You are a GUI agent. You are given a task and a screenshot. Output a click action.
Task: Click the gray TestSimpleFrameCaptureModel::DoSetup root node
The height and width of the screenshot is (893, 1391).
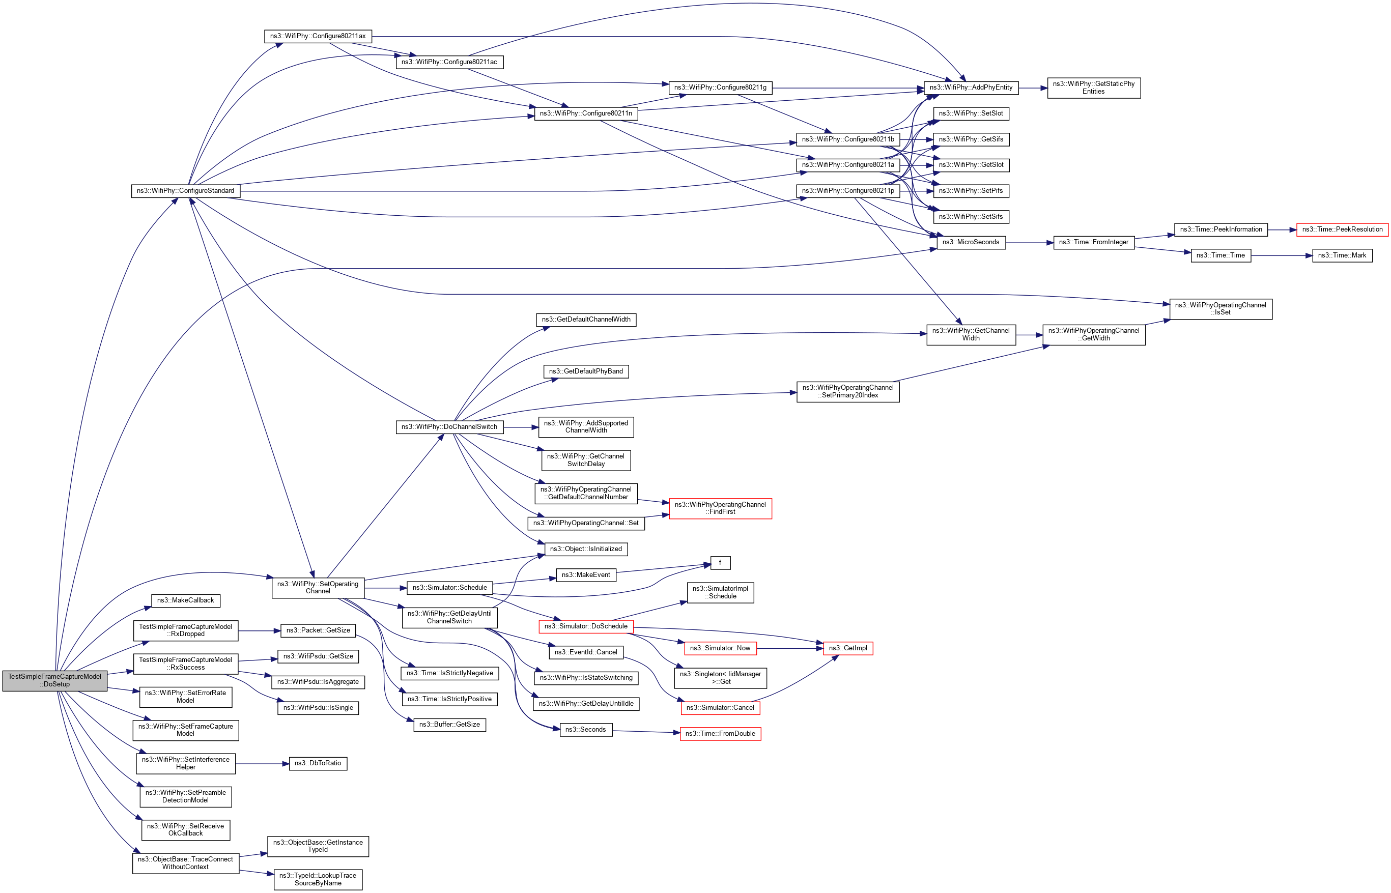point(54,681)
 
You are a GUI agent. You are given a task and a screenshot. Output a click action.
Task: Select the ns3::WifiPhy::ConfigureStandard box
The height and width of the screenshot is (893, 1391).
point(186,191)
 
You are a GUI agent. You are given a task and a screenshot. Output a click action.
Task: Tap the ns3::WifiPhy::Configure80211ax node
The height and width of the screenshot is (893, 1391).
point(318,36)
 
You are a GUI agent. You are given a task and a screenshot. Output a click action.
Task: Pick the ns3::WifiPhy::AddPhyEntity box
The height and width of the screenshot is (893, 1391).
point(971,88)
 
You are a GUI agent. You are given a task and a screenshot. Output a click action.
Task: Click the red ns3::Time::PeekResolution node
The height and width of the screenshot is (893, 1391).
point(1342,229)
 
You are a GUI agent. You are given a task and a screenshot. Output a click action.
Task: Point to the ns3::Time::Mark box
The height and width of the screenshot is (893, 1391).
point(1342,256)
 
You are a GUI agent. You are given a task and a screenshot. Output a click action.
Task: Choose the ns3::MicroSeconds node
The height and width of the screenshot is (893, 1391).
point(971,242)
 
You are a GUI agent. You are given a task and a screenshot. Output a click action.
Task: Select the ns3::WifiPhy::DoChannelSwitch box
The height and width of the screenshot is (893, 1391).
point(449,427)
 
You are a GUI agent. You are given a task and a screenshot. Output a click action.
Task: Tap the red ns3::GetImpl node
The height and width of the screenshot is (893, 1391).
point(847,648)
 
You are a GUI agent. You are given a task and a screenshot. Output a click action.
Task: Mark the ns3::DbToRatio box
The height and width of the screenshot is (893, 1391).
point(318,764)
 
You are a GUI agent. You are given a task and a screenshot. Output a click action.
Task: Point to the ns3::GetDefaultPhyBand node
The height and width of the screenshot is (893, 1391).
point(586,371)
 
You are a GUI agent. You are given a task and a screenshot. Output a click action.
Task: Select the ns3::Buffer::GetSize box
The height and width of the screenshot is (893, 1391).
point(449,725)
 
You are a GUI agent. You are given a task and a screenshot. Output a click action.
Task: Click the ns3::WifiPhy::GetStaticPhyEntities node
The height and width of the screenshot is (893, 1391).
point(1093,88)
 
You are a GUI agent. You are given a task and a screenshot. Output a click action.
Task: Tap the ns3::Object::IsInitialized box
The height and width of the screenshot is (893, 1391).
point(586,549)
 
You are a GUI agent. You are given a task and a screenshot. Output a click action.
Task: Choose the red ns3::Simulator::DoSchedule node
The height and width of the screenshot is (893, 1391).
point(586,627)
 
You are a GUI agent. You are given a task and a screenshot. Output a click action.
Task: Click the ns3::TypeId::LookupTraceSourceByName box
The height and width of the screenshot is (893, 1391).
point(318,880)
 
